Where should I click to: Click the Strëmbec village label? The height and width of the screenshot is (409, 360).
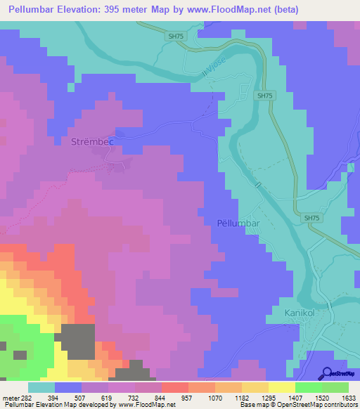tap(92, 142)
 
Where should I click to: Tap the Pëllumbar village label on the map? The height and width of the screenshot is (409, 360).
tap(236, 224)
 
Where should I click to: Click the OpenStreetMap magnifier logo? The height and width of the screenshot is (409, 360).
tap(328, 373)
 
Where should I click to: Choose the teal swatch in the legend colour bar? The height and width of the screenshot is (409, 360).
tap(41, 387)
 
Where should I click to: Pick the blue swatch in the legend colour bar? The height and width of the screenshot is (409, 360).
tap(67, 387)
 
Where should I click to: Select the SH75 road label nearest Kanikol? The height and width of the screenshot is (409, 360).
tap(312, 219)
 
